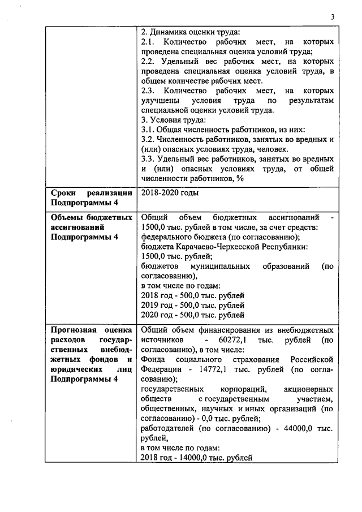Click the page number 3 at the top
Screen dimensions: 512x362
click(333, 17)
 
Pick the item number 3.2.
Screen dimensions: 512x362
click(147, 139)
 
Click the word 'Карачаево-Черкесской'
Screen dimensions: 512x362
click(217, 247)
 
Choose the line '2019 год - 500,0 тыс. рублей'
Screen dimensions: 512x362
click(192, 305)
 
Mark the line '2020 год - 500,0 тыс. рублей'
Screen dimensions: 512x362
click(192, 315)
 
